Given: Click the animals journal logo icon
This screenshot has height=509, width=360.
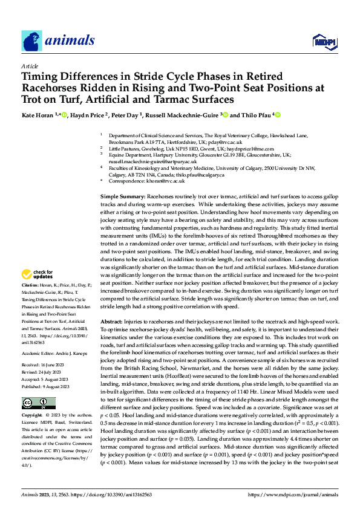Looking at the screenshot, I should point(31,41).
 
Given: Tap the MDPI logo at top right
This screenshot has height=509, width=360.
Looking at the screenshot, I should point(323,41).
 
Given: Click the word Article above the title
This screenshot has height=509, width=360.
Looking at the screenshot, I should point(29,66).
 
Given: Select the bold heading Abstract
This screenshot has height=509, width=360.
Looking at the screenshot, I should point(113,321).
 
